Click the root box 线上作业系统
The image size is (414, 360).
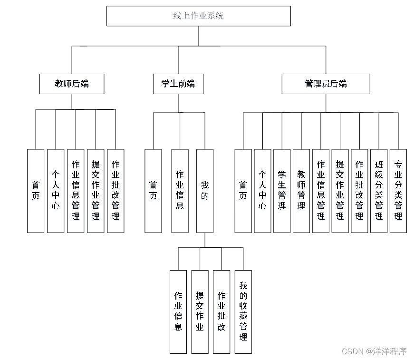click(198, 16)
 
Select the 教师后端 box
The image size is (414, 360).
click(72, 84)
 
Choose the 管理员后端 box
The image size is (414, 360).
click(326, 84)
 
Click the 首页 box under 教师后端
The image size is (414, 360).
click(36, 191)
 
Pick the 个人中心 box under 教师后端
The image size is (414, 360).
click(56, 191)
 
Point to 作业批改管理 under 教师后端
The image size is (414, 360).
click(116, 191)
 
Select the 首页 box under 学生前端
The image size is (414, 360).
click(153, 191)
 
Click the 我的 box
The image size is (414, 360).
click(205, 191)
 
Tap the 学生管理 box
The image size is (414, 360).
click(282, 191)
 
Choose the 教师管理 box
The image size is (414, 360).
click(301, 191)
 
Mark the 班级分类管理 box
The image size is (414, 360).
click(379, 191)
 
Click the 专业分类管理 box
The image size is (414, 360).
click(398, 191)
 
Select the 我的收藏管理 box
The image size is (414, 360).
click(243, 311)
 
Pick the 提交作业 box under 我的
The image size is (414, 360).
click(200, 311)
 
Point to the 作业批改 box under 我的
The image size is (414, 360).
click(221, 311)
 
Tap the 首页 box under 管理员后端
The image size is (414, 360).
click(243, 191)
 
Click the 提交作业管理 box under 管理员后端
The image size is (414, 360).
click(340, 191)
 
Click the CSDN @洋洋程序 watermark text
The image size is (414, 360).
click(374, 351)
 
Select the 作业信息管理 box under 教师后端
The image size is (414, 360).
click(76, 191)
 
